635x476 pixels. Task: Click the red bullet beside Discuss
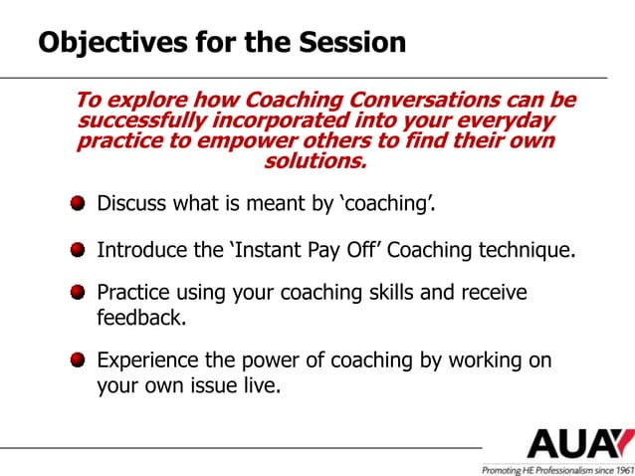[78, 204]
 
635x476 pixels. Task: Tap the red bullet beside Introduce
[78, 249]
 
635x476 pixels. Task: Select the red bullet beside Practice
[78, 294]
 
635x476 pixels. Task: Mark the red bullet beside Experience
[78, 360]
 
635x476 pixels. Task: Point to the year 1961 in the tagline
[619, 468]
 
